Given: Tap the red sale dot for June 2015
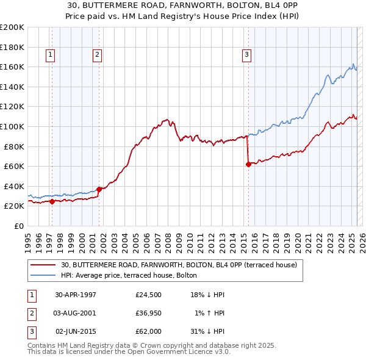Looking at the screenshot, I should point(248,164).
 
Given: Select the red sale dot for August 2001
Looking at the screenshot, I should point(99,189).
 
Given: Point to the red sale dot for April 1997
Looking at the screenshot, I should point(52,201).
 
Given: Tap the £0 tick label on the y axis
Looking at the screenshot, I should point(18,226).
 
